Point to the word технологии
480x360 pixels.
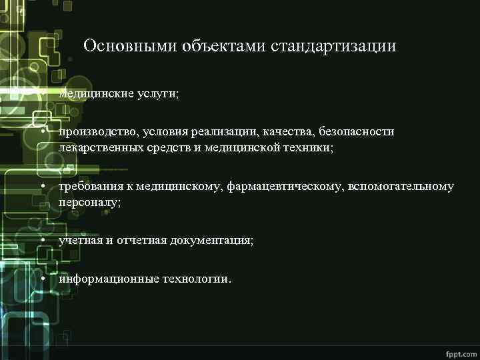point(197,279)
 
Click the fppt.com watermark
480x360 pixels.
point(460,351)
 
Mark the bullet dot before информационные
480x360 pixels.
point(42,278)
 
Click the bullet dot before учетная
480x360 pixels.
point(42,239)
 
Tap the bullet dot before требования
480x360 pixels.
point(42,186)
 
